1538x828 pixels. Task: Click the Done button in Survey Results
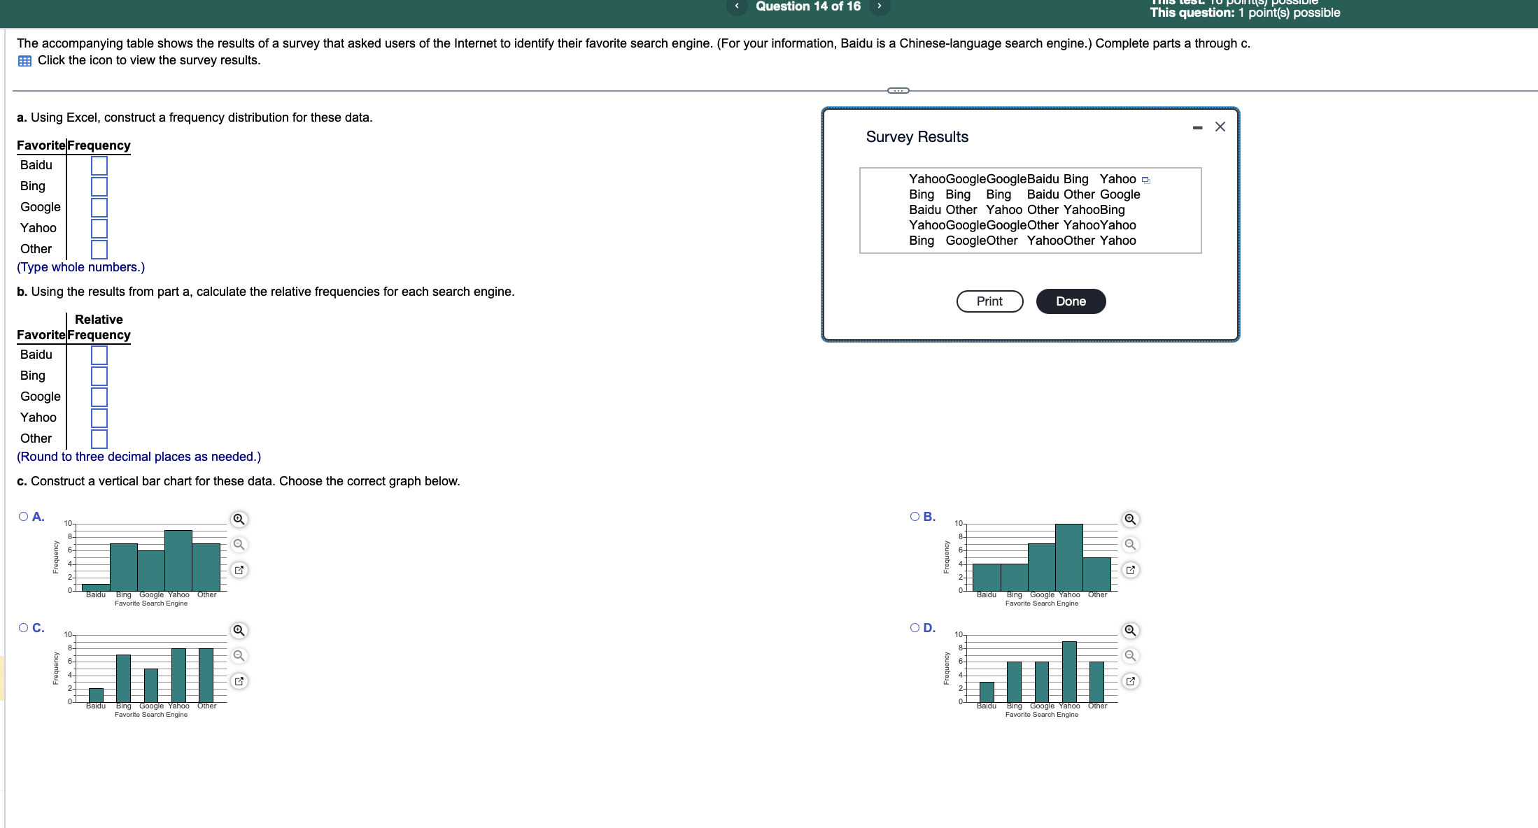(x=1071, y=301)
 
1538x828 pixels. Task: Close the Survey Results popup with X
(x=1220, y=127)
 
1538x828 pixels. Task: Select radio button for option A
(x=24, y=517)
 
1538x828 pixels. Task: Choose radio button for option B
(x=915, y=517)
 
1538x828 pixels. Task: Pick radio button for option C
(x=24, y=628)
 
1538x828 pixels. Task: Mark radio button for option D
(x=915, y=628)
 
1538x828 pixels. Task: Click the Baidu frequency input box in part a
(x=99, y=166)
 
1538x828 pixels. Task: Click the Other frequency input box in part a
(x=99, y=250)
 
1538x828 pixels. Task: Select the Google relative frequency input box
(x=99, y=397)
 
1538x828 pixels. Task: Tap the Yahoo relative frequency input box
(x=99, y=418)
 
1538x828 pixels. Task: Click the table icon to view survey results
(x=24, y=61)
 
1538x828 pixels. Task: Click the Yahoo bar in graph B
(x=1069, y=557)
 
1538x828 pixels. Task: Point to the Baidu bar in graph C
(x=96, y=695)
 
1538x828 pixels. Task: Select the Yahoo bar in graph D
(x=1069, y=671)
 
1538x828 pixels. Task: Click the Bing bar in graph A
(x=124, y=567)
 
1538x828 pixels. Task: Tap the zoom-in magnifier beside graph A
(x=239, y=519)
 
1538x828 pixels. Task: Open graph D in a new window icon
(x=1130, y=681)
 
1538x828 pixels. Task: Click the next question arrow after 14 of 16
(x=880, y=6)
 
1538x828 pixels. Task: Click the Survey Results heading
(x=917, y=137)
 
